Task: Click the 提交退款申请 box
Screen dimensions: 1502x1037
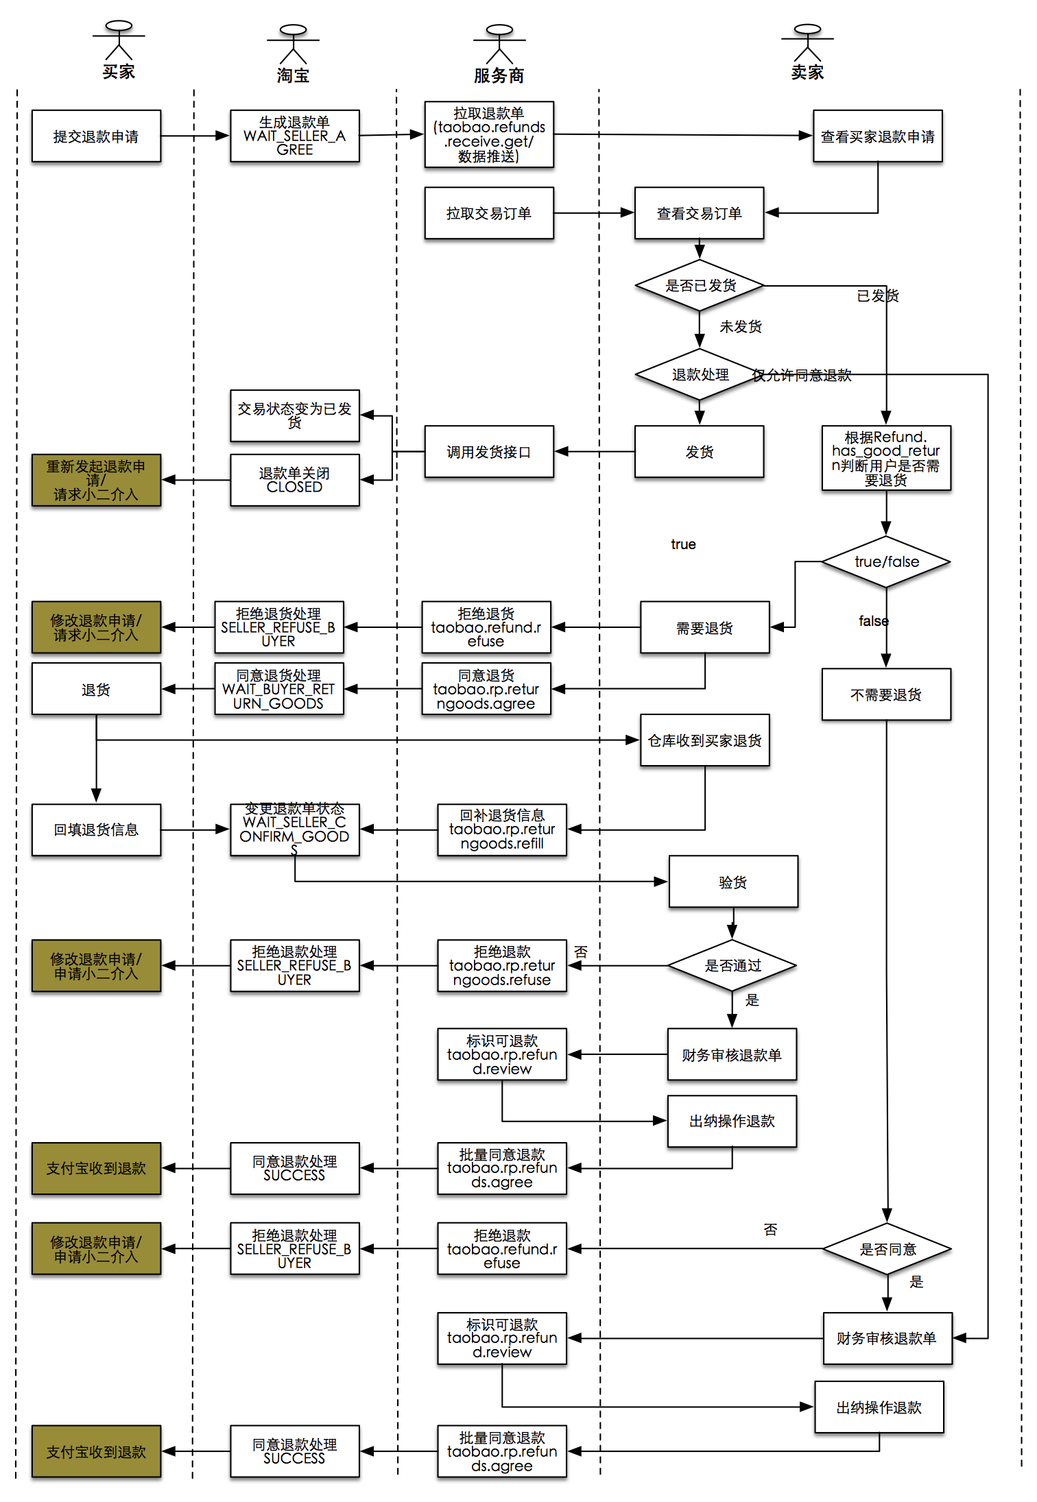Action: click(96, 136)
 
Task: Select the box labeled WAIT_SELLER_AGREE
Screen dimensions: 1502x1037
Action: click(294, 136)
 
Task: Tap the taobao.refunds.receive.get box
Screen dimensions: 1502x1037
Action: click(488, 135)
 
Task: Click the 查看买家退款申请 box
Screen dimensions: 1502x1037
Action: click(877, 136)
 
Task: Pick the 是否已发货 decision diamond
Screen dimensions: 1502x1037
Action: click(700, 285)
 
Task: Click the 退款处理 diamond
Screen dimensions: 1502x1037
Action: click(700, 374)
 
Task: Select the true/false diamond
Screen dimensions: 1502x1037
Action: click(886, 561)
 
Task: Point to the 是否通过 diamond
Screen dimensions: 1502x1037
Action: click(732, 965)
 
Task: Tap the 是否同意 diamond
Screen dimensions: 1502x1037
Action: click(887, 1249)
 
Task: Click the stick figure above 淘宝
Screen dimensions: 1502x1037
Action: click(293, 44)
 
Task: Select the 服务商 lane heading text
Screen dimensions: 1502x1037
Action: click(499, 75)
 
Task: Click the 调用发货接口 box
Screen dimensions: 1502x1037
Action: click(488, 452)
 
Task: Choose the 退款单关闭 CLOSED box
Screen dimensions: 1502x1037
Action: click(294, 480)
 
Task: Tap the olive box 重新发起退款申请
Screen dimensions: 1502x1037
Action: click(96, 480)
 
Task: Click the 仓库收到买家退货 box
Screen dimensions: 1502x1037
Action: click(704, 740)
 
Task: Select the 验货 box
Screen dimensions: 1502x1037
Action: click(732, 882)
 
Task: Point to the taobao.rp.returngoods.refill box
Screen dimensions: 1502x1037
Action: click(501, 829)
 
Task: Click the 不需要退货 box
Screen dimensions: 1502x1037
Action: click(885, 694)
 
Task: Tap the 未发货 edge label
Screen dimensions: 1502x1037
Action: click(740, 326)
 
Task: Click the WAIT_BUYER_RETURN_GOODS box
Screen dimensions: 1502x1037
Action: click(278, 689)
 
